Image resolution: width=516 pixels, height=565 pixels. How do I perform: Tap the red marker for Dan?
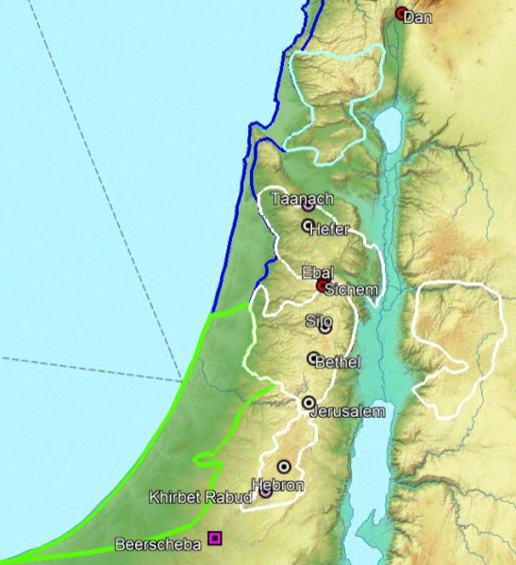(402, 13)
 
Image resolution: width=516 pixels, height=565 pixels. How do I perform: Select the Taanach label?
(294, 199)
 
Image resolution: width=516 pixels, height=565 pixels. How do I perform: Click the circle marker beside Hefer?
(308, 225)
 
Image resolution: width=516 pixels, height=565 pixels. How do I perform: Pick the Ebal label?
(317, 273)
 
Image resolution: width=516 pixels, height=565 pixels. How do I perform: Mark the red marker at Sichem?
(323, 285)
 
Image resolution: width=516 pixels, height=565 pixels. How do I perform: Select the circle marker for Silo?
(325, 328)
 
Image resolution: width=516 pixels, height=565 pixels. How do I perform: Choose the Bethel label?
(338, 362)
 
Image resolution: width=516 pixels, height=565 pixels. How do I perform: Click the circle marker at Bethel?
(313, 358)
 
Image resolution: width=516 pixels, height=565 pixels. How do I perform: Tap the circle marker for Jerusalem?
(308, 403)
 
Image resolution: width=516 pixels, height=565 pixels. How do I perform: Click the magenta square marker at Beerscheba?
(215, 539)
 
